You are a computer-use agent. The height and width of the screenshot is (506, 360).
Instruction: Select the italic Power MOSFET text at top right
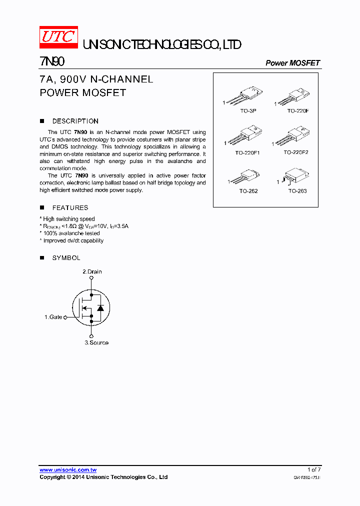click(292, 63)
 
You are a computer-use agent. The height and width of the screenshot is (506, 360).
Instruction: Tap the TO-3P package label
click(248, 110)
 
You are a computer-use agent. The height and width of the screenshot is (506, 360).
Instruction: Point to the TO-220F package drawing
click(294, 97)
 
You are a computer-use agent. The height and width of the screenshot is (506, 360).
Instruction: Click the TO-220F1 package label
click(247, 152)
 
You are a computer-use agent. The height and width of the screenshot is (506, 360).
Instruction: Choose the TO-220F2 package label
click(296, 152)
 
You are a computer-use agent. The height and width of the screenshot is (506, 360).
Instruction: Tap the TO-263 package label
click(297, 191)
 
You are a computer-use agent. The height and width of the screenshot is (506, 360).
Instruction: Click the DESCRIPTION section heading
click(75, 121)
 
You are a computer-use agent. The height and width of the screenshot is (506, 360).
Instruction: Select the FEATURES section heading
click(70, 207)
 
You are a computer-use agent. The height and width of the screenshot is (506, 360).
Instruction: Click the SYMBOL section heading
click(66, 258)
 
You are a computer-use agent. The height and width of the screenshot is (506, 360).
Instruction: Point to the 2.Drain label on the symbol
click(92, 271)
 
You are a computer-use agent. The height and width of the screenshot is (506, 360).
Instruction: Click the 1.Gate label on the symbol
click(53, 317)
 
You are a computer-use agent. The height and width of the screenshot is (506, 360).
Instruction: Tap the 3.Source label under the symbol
click(96, 342)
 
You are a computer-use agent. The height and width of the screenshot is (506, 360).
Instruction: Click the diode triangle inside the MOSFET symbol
click(100, 307)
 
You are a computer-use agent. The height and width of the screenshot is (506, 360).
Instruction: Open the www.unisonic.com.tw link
click(68, 469)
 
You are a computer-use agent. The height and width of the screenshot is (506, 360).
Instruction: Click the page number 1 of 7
click(314, 469)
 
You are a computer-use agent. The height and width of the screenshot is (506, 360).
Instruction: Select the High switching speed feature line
click(68, 219)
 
